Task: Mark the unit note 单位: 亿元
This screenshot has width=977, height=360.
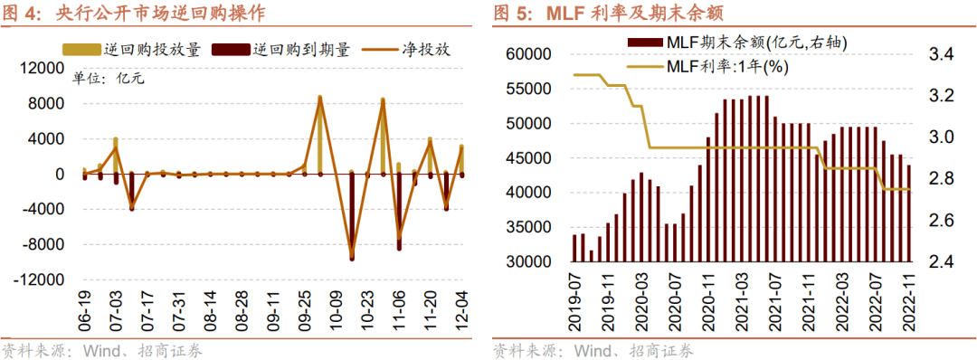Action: [109, 78]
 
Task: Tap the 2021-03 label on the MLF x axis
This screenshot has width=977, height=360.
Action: [741, 304]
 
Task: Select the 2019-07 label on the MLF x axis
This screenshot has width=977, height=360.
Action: [574, 304]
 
